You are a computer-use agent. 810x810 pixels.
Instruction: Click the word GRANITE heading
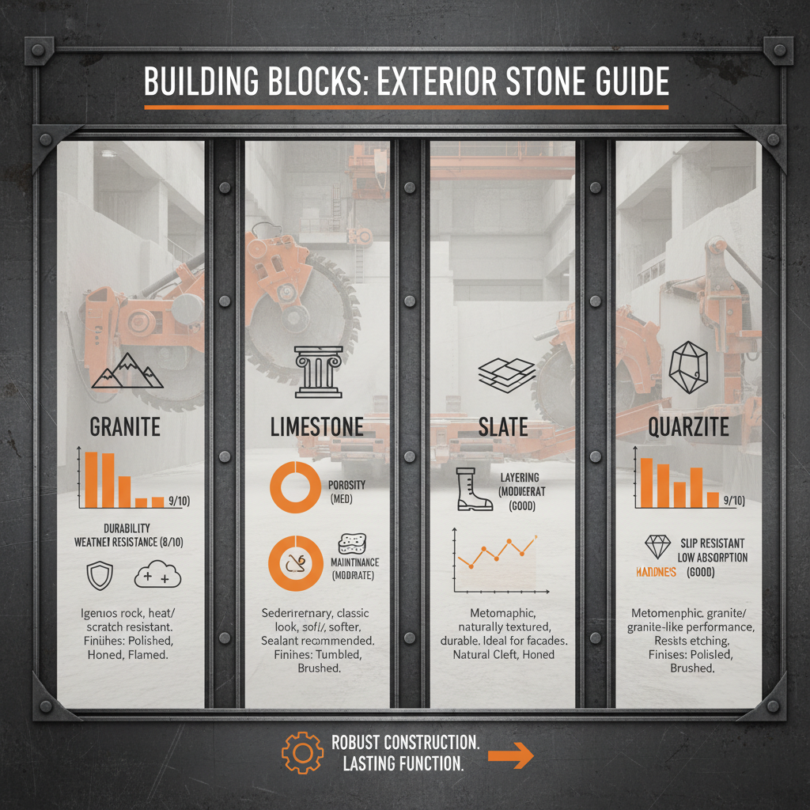[125, 427]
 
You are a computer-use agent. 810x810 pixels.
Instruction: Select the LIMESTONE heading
[316, 427]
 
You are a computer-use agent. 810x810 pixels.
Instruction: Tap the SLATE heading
[503, 427]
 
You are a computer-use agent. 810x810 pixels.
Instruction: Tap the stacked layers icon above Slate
[504, 373]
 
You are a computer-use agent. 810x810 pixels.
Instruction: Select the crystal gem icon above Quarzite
[687, 369]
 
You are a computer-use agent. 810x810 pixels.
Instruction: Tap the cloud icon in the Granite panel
[158, 576]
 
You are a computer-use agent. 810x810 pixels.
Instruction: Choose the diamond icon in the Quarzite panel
[658, 547]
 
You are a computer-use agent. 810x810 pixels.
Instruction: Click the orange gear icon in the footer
[302, 754]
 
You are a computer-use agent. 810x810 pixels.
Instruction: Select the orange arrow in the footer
[511, 755]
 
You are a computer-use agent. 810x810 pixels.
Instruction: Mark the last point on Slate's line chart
[536, 539]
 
